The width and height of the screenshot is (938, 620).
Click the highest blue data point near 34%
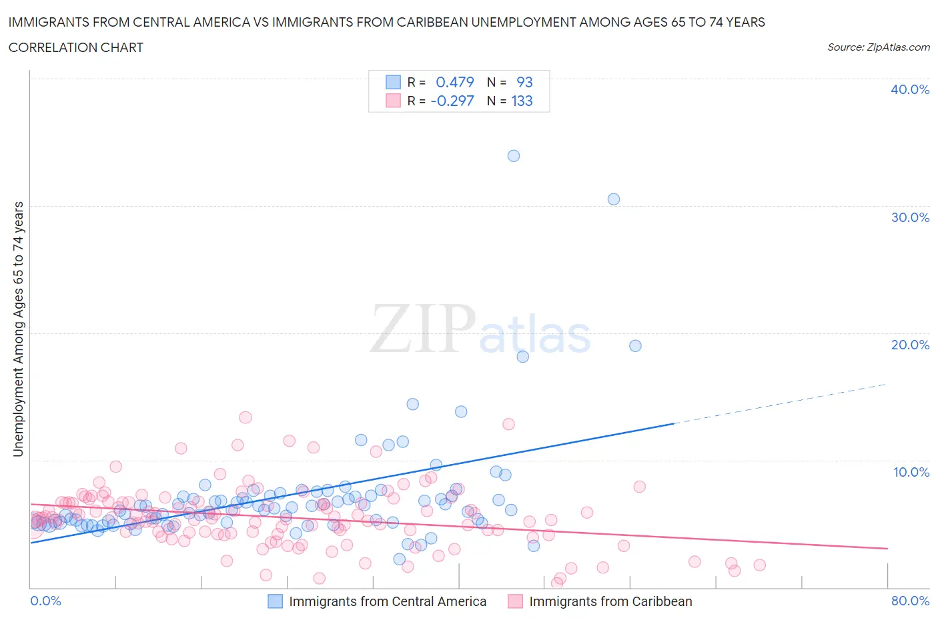tap(514, 156)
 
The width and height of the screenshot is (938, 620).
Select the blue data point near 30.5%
tap(614, 199)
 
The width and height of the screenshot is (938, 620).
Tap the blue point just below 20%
tap(635, 346)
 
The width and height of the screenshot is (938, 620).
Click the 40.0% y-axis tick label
tap(910, 89)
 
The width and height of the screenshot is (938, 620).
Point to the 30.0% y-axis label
tap(910, 217)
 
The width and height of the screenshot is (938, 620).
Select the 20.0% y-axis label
tap(910, 345)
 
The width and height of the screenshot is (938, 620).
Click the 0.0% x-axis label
tap(45, 601)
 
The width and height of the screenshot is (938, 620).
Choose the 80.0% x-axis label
tap(910, 601)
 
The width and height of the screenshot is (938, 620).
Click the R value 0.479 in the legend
tap(454, 82)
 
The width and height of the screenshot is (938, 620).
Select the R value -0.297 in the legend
tap(452, 101)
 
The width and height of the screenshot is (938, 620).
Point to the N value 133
tap(522, 101)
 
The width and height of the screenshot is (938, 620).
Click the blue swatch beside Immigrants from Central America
tap(276, 601)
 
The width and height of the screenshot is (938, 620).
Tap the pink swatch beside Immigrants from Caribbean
tap(516, 601)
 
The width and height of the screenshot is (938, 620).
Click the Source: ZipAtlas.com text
tap(878, 47)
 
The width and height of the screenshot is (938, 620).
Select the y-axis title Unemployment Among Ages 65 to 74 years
tap(18, 329)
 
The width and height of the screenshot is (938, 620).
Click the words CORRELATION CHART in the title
tap(76, 47)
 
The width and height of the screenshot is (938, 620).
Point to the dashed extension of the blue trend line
tap(781, 403)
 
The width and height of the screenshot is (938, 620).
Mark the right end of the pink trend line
tap(887, 548)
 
